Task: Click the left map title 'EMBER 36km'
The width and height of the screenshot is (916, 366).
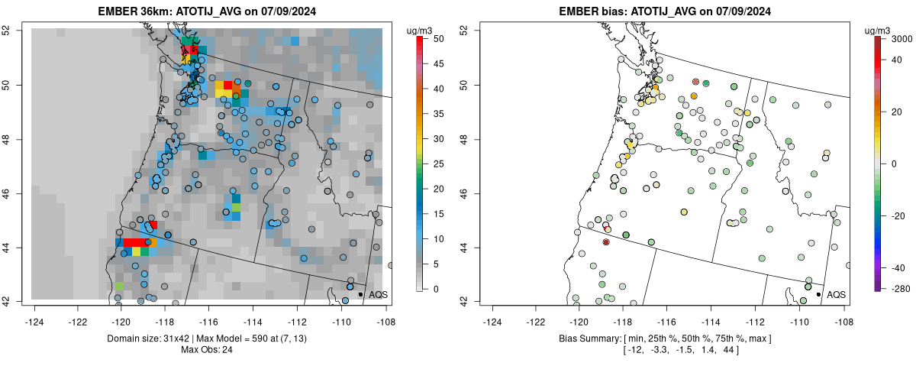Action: coord(130,11)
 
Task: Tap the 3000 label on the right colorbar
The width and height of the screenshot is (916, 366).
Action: coord(903,38)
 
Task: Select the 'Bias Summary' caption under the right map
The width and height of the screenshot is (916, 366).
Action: coord(596,338)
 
